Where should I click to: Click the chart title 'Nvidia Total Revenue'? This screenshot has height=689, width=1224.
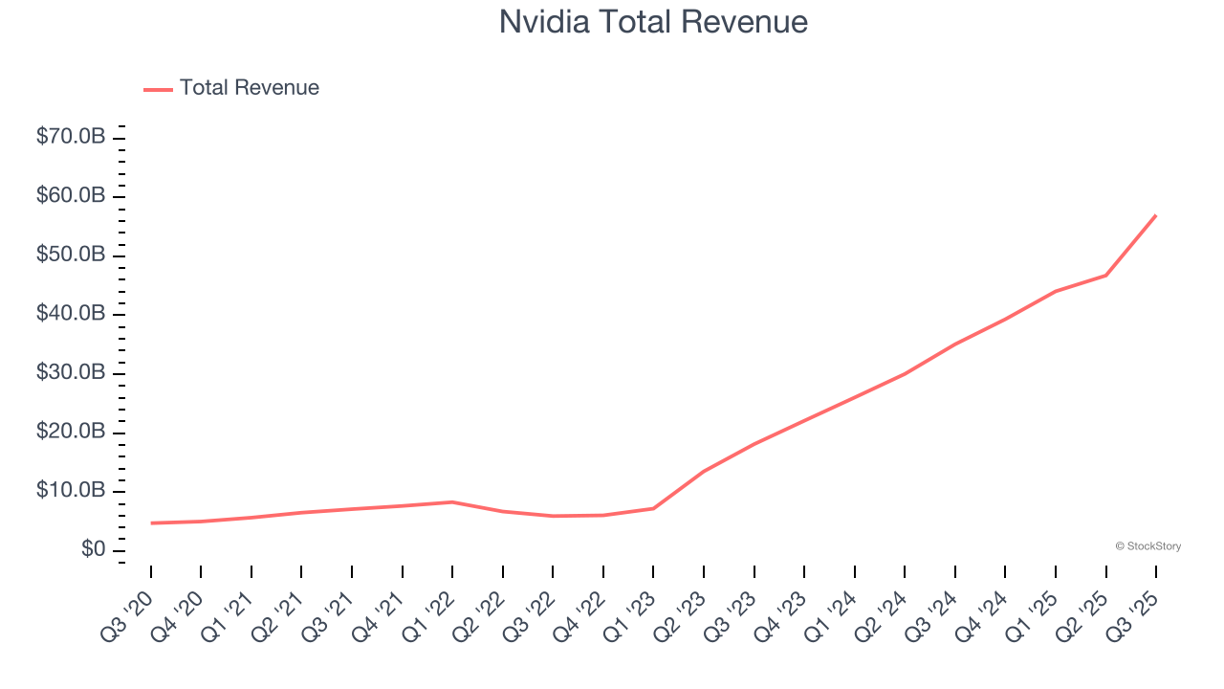(653, 21)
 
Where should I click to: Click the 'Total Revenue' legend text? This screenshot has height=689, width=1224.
(249, 88)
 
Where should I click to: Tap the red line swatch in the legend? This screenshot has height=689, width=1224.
(158, 89)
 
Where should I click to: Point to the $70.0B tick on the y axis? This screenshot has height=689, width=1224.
(71, 138)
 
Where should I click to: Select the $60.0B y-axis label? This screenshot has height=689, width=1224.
(71, 196)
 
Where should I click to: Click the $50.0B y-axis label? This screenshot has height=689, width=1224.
(71, 256)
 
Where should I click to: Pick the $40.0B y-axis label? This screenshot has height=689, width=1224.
(71, 314)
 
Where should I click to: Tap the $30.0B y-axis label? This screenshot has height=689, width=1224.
(71, 373)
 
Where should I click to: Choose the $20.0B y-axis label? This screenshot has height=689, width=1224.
(71, 433)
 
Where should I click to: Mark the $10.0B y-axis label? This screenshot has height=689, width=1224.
(71, 491)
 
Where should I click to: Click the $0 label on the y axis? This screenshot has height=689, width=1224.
(93, 550)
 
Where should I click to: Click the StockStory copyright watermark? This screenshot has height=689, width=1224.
(1147, 546)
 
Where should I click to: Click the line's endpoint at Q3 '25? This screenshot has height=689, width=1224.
(1155, 215)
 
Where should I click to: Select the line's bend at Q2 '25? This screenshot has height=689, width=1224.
(1105, 276)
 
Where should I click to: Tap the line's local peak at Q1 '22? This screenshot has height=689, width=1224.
(452, 501)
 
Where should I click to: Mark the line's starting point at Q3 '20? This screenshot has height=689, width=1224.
(151, 523)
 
